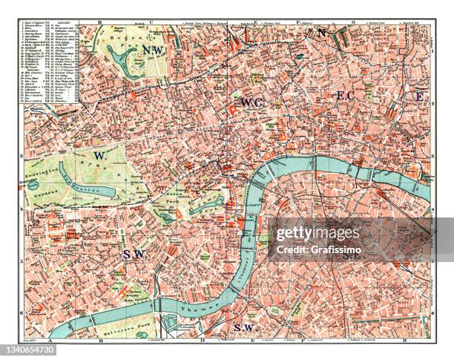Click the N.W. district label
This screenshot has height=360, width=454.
pyautogui.click(x=154, y=50)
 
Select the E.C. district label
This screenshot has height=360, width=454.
pyautogui.click(x=347, y=96)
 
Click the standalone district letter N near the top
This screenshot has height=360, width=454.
pyautogui.click(x=321, y=33)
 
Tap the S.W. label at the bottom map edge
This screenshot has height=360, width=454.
pyautogui.click(x=243, y=327)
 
